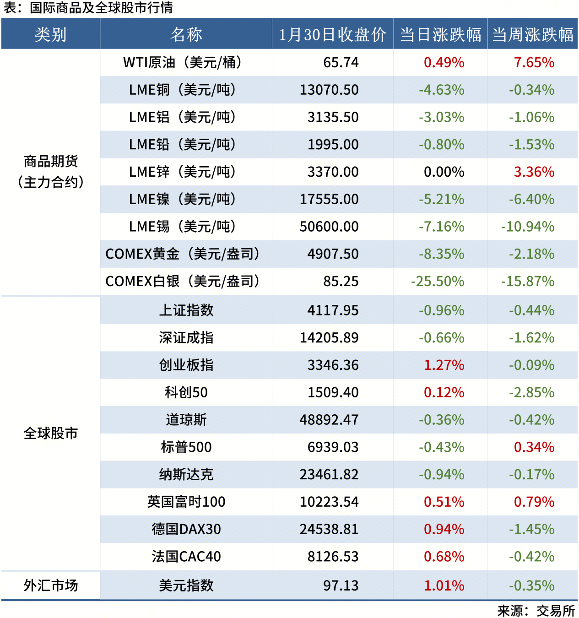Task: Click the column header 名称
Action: (x=186, y=34)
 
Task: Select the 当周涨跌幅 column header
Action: (x=532, y=34)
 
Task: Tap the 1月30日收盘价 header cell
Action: (x=332, y=34)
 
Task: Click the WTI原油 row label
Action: (x=182, y=62)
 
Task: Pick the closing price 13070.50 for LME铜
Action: (x=329, y=90)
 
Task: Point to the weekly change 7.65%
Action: (x=534, y=62)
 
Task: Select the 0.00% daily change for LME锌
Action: (x=444, y=172)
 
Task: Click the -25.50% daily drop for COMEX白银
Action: (x=438, y=282)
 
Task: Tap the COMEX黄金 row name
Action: (x=182, y=254)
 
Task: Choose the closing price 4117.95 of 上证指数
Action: (x=333, y=310)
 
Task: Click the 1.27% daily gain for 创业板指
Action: (x=444, y=365)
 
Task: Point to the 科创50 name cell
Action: (x=186, y=392)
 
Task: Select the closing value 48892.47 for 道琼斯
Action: (x=329, y=420)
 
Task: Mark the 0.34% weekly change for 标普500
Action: (x=534, y=447)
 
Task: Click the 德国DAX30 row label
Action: (x=186, y=529)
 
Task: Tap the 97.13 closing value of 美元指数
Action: (x=341, y=585)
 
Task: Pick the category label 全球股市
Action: (x=50, y=433)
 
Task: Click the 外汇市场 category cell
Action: (x=50, y=585)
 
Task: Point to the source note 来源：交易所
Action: (x=536, y=611)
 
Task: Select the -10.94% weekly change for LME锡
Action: (x=528, y=227)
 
